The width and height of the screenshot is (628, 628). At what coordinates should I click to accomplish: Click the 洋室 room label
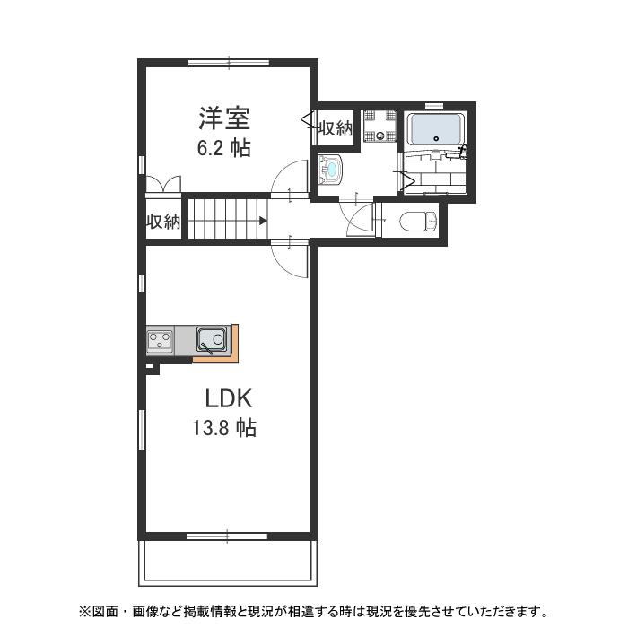pyautogui.click(x=224, y=118)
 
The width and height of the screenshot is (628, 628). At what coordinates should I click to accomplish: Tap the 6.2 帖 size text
pyautogui.click(x=224, y=148)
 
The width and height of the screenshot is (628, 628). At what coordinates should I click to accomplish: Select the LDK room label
pyautogui.click(x=224, y=397)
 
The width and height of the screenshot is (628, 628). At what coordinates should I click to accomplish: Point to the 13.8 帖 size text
pyautogui.click(x=224, y=429)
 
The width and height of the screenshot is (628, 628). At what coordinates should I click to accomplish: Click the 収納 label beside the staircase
pyautogui.click(x=164, y=222)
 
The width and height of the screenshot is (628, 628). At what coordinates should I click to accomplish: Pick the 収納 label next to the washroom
pyautogui.click(x=336, y=128)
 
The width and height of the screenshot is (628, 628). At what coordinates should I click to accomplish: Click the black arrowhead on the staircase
pyautogui.click(x=263, y=220)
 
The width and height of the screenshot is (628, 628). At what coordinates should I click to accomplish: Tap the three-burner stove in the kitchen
pyautogui.click(x=161, y=340)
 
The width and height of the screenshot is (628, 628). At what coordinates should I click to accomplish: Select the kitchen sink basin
pyautogui.click(x=213, y=340)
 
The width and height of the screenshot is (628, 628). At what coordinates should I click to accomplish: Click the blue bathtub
pyautogui.click(x=435, y=129)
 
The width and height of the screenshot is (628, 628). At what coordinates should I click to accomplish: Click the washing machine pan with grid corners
pyautogui.click(x=379, y=126)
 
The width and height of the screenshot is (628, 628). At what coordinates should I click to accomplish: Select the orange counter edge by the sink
pyautogui.click(x=233, y=345)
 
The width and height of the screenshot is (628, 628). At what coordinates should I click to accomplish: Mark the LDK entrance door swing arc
pyautogui.click(x=289, y=258)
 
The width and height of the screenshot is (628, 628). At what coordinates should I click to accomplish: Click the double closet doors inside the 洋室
pyautogui.click(x=163, y=183)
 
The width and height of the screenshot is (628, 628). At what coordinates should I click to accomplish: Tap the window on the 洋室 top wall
pyautogui.click(x=228, y=63)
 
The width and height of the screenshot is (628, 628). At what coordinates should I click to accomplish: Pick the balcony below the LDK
pyautogui.click(x=228, y=560)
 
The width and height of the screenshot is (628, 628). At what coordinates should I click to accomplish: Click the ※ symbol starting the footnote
pyautogui.click(x=85, y=613)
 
